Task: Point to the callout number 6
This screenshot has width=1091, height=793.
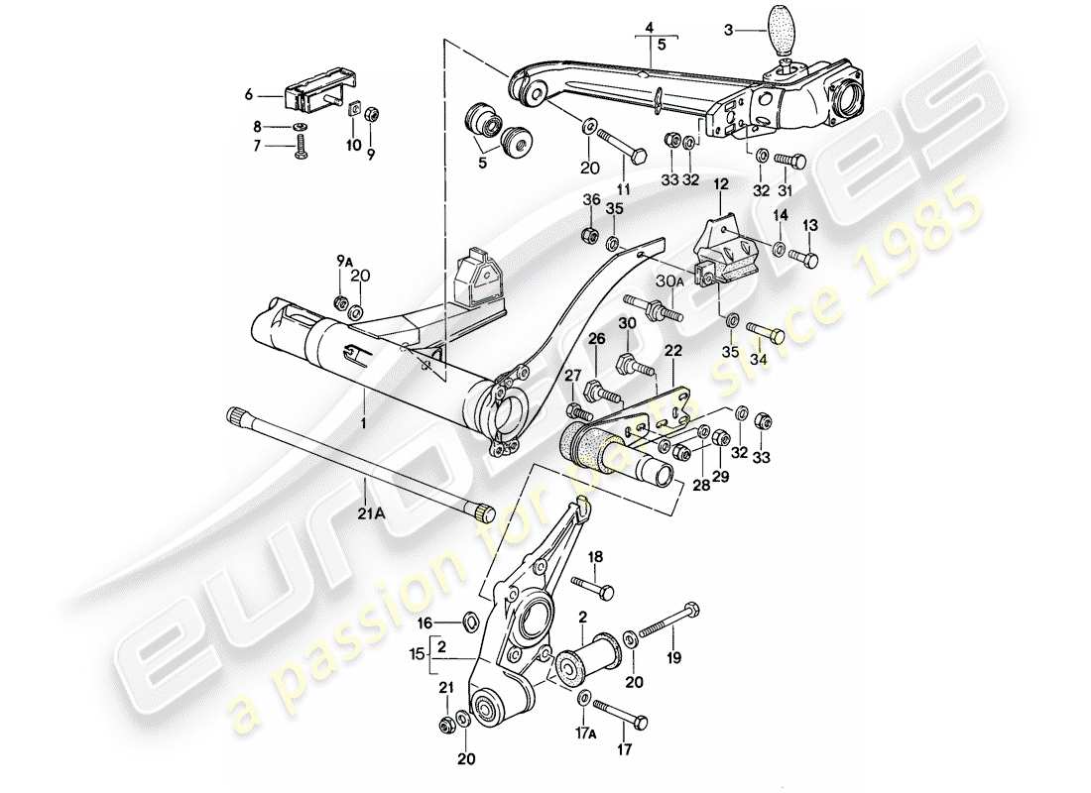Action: (249, 95)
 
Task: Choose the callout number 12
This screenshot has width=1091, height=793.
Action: (720, 183)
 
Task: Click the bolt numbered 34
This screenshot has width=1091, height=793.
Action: (765, 335)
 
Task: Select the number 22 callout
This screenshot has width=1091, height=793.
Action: (673, 350)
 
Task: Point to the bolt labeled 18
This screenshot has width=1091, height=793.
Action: (594, 587)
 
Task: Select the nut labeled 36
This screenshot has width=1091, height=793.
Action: (586, 236)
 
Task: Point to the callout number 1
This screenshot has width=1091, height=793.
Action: (363, 422)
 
